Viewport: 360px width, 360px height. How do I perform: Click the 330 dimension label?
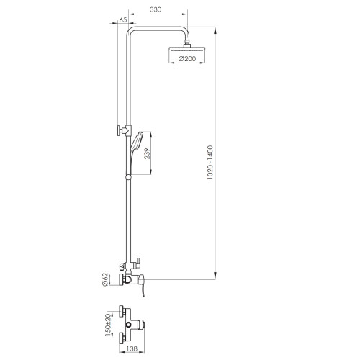156,9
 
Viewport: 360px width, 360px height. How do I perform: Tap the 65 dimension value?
123,20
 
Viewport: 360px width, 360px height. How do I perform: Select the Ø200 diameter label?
187,59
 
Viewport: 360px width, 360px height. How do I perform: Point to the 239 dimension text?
147,153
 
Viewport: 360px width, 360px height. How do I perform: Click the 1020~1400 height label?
210,162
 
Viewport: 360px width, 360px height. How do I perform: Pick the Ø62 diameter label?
104,279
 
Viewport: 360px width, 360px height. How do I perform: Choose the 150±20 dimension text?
109,325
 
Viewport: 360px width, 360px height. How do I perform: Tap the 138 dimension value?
131,348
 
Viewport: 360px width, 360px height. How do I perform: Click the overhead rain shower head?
187,49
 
